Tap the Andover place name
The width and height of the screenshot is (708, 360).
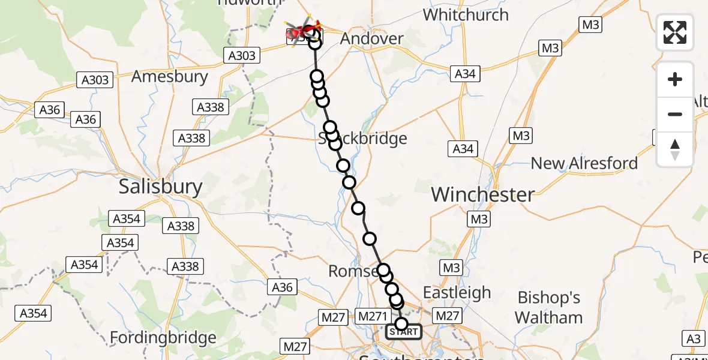click(371, 39)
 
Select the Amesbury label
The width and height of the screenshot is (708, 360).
click(169, 77)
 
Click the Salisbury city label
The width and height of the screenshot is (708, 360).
click(161, 186)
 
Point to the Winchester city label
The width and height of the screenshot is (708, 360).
click(482, 194)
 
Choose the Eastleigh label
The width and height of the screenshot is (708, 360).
click(457, 293)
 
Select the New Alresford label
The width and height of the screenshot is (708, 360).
click(584, 163)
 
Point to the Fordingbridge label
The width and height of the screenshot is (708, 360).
click(163, 338)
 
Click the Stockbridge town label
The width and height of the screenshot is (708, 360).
click(362, 139)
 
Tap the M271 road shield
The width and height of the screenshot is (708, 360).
click(373, 316)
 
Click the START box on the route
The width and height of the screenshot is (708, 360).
click(403, 332)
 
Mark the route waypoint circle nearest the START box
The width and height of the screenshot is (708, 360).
click(401, 324)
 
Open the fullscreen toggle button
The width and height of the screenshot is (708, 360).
click(675, 32)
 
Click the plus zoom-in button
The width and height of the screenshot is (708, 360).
click(675, 79)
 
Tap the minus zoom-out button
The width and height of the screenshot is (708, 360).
click(675, 114)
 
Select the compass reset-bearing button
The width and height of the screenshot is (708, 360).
click(675, 148)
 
